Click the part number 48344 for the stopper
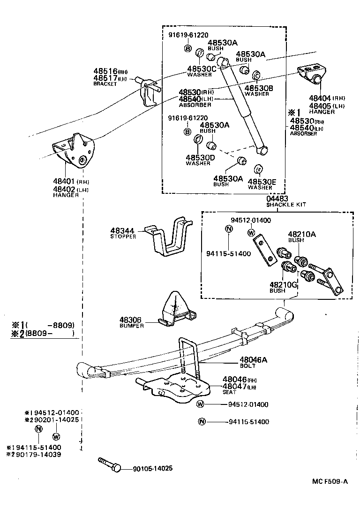[122, 231]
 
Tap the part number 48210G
[284, 284]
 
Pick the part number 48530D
[200, 158]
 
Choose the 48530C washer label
[202, 69]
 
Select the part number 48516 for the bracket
[105, 71]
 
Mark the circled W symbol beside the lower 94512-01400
[200, 404]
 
